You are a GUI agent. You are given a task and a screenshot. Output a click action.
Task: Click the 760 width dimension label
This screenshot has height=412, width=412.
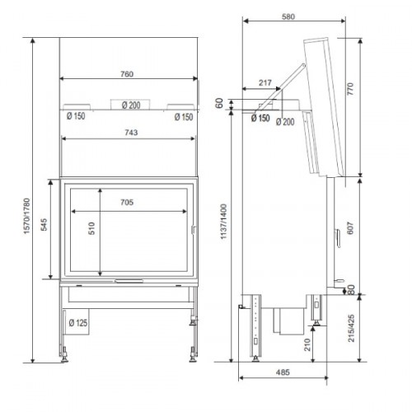(127, 74)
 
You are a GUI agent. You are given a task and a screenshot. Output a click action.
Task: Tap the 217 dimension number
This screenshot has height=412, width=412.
(265, 82)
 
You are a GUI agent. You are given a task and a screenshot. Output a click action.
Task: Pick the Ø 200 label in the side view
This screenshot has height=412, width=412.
(288, 121)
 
